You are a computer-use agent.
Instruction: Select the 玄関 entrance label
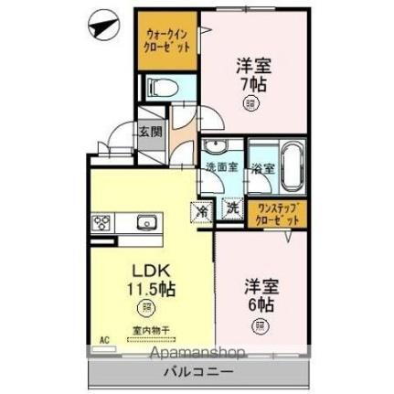(x=150, y=131)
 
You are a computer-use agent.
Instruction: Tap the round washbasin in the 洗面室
(x=219, y=149)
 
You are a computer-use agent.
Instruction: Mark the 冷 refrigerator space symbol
(x=204, y=209)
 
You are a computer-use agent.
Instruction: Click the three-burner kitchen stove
(x=102, y=222)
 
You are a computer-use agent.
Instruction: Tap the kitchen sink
(x=145, y=222)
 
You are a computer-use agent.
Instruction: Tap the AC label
(x=105, y=339)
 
